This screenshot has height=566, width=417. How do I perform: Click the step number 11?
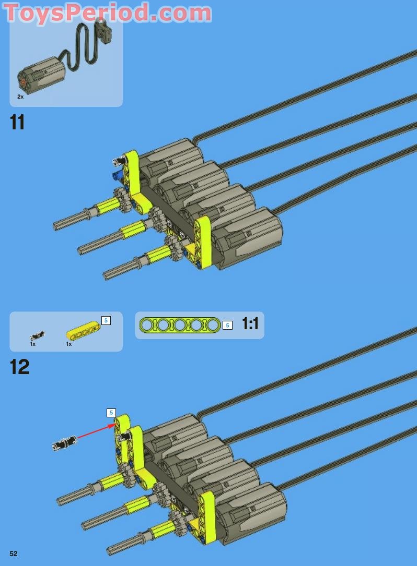(17, 122)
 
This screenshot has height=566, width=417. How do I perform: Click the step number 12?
(19, 367)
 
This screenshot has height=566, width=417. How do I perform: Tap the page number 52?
(14, 553)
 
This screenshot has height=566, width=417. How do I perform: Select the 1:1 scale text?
(250, 324)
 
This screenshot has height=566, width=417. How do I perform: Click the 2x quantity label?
(20, 97)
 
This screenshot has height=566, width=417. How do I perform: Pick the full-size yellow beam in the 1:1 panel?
(180, 326)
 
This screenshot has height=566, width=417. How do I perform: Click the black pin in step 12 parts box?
(37, 335)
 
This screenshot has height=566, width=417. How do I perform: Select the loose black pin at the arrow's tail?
(64, 443)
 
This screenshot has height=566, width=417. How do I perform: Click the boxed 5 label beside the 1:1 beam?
(227, 326)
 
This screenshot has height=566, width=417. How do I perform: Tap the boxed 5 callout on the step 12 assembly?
(111, 413)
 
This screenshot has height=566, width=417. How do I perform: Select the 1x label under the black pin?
(32, 344)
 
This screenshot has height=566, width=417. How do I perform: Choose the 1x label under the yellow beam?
(68, 344)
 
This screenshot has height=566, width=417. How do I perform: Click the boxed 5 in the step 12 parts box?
(106, 320)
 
